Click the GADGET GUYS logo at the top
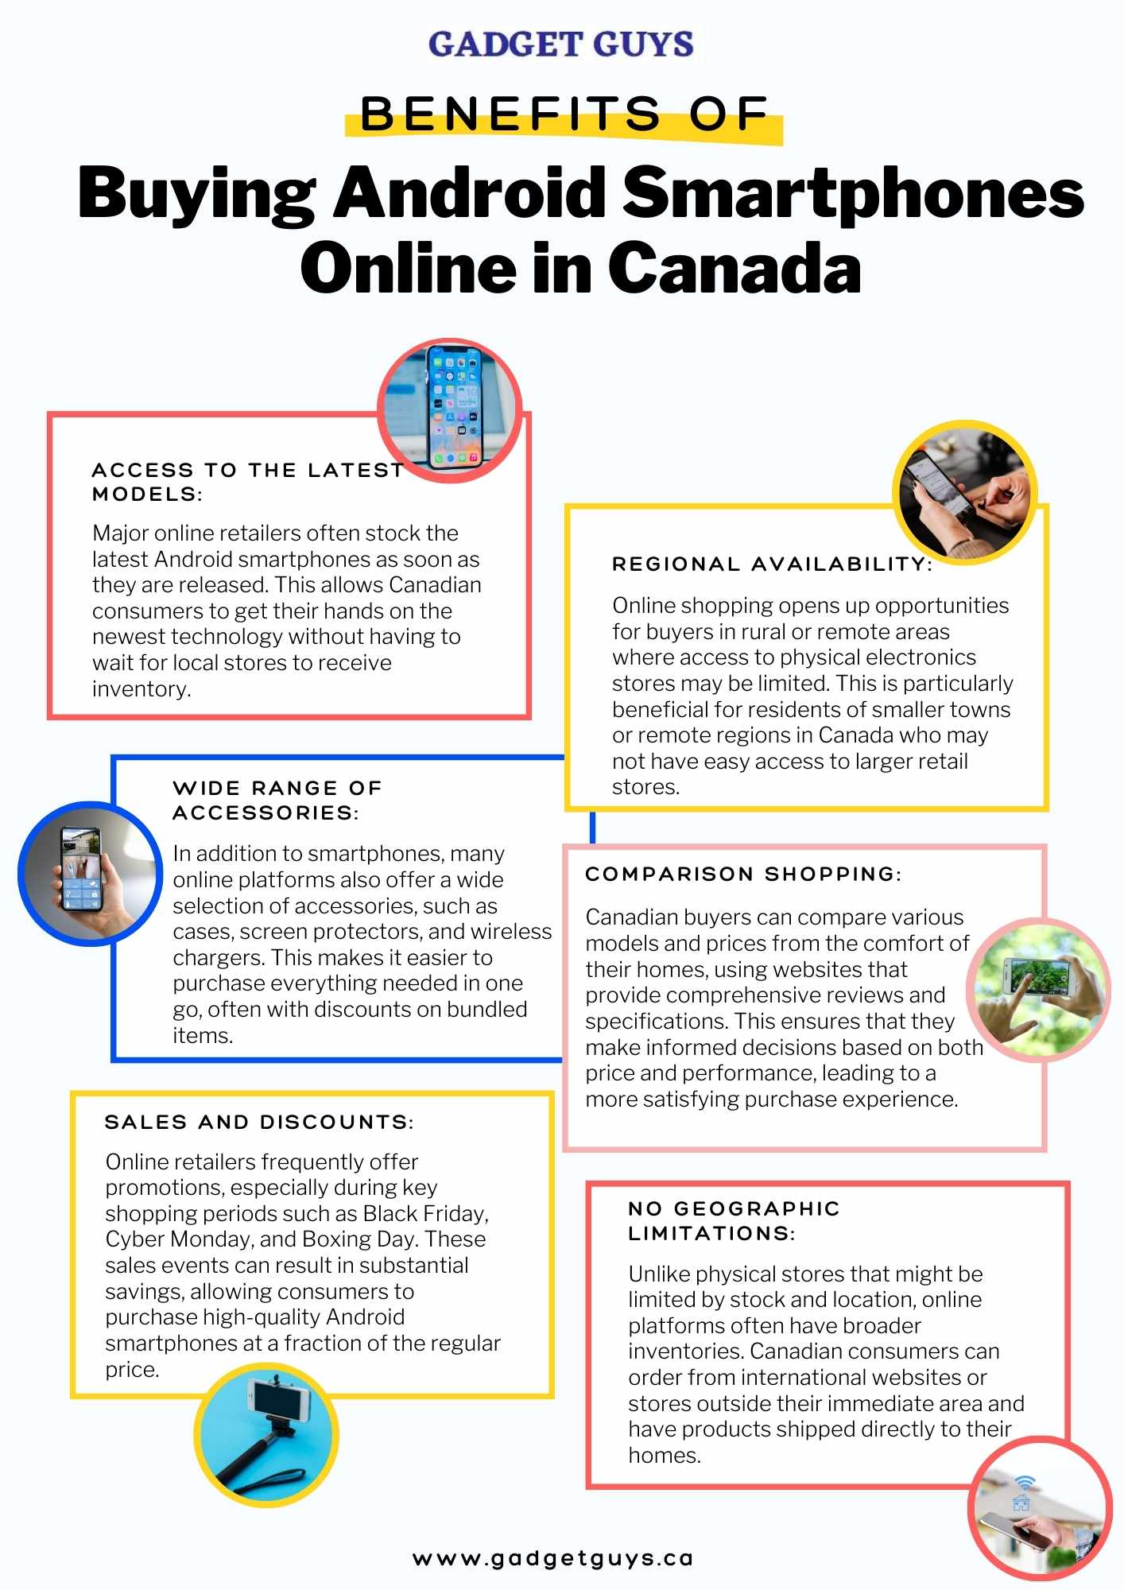click(561, 45)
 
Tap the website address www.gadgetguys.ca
click(553, 1559)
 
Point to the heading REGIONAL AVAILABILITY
click(772, 564)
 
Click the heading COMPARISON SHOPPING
click(743, 874)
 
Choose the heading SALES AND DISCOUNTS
click(259, 1123)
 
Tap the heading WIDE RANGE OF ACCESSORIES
click(277, 801)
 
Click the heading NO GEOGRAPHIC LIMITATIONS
click(733, 1221)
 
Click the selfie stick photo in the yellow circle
click(266, 1435)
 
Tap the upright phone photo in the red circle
click(450, 410)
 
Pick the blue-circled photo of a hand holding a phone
click(90, 873)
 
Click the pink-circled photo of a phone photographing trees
click(1038, 990)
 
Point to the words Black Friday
click(425, 1214)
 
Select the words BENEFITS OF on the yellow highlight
click(564, 114)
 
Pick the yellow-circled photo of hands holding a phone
click(964, 492)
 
